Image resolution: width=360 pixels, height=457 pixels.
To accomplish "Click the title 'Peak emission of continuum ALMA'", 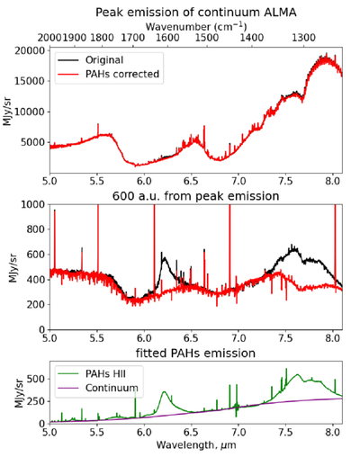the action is (x=196, y=13).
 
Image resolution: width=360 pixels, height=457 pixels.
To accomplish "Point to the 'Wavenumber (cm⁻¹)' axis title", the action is (x=196, y=27).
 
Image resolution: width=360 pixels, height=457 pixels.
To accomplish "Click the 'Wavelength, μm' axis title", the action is (x=196, y=444).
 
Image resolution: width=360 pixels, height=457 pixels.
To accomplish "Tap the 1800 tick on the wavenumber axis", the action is (x=102, y=38).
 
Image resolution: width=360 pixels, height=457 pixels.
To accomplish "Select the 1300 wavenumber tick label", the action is (x=304, y=38).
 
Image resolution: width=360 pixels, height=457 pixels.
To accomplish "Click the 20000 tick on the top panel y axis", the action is (x=30, y=50).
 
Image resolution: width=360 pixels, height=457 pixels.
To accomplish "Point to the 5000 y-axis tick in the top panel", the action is (x=33, y=142).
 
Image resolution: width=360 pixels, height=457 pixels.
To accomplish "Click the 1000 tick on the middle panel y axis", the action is (x=33, y=204).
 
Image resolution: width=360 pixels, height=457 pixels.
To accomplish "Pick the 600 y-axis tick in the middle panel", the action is (x=36, y=255).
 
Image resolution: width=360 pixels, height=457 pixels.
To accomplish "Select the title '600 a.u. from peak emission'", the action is (x=196, y=196).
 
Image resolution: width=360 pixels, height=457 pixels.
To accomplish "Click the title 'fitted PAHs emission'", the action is (x=196, y=354).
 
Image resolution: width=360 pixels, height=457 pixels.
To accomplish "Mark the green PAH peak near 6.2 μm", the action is (x=164, y=391).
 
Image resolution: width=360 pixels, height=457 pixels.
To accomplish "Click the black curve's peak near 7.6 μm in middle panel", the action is (x=292, y=246).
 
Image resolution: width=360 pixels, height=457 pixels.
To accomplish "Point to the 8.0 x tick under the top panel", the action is (x=332, y=181).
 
